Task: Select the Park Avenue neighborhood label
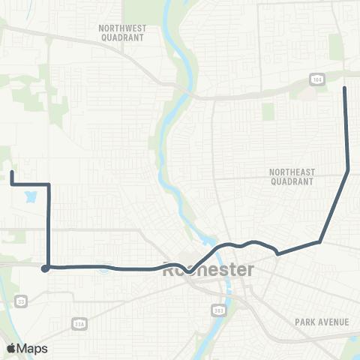click(x=322, y=322)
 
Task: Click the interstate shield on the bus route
click(x=105, y=268)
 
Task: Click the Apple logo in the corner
click(x=11, y=348)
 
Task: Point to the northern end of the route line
click(x=344, y=88)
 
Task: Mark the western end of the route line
click(x=12, y=172)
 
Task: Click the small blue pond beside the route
click(x=30, y=199)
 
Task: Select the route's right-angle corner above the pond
click(x=49, y=184)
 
